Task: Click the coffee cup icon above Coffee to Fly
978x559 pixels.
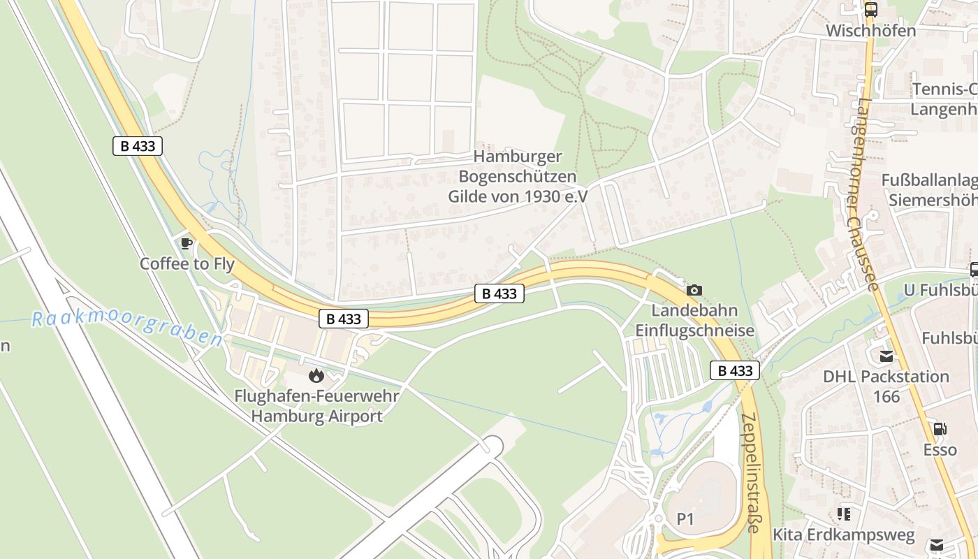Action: click(186, 243)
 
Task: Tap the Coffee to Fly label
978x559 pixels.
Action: click(187, 264)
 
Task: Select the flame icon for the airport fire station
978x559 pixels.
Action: click(316, 376)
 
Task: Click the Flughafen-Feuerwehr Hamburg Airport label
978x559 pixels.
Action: click(317, 407)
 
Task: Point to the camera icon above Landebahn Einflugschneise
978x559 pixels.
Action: click(694, 290)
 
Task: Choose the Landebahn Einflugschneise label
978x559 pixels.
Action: click(694, 320)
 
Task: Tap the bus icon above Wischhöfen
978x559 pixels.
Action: click(870, 10)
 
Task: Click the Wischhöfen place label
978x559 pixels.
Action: click(870, 31)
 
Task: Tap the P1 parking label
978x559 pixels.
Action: click(685, 519)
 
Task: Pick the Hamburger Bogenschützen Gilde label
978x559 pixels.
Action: click(517, 177)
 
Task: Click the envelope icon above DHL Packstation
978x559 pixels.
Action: click(886, 356)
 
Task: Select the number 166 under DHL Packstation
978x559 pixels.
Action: click(886, 397)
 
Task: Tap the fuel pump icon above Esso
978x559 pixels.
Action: click(940, 428)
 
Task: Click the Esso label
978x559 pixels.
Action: click(940, 449)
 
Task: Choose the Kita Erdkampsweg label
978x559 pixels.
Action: click(843, 535)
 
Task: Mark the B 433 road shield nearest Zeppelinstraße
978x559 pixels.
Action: click(735, 370)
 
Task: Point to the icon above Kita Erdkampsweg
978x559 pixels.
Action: click(844, 514)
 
